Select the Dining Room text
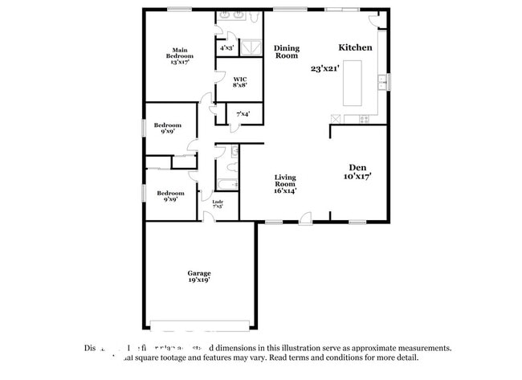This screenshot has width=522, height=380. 287,52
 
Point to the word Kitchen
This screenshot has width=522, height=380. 355,47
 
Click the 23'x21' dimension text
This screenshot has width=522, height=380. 325,69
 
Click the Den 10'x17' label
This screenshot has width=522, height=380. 357,170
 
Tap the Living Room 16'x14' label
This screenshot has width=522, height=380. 286,184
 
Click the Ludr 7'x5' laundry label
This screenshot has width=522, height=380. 218,204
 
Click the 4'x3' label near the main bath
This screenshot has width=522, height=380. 226,48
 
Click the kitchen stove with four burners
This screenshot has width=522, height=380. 364,119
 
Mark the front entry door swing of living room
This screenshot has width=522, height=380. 304,216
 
